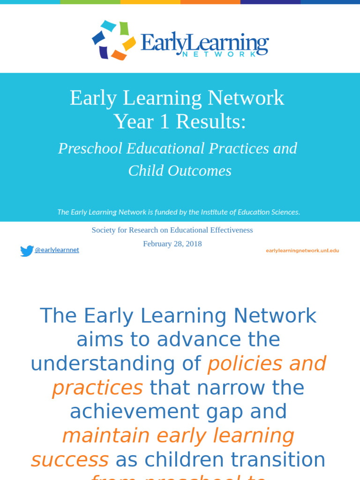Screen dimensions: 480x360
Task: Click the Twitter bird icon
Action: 27,251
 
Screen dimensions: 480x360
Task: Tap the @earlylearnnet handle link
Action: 57,250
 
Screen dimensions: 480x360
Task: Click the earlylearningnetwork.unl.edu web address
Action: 302,250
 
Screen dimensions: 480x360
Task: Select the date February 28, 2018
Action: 172,244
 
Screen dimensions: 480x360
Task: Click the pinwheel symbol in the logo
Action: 113,40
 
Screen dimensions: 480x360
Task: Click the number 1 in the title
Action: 164,122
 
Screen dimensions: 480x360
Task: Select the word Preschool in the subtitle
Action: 91,149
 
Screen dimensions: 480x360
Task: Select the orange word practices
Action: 97,388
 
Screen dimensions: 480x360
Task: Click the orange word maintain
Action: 106,436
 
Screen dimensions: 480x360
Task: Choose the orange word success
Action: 70,460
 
